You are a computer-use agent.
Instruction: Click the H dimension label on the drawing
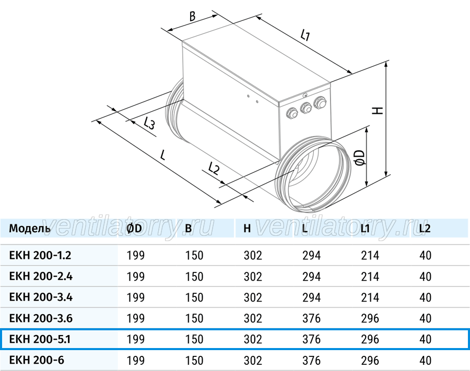click(x=378, y=110)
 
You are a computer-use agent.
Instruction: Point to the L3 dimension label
click(x=149, y=123)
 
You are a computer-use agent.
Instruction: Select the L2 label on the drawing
click(x=214, y=168)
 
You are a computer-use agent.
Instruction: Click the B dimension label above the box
click(x=192, y=16)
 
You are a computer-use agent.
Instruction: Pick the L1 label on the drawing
click(x=305, y=35)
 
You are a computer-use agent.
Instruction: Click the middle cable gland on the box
click(x=305, y=108)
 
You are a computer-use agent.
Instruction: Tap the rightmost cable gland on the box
click(x=320, y=102)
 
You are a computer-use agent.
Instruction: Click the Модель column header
click(x=30, y=229)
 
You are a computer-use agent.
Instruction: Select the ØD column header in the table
click(x=134, y=229)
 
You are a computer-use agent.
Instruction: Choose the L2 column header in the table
click(x=425, y=229)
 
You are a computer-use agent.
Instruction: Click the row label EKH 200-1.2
click(x=40, y=255)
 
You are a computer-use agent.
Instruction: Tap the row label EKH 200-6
click(x=37, y=360)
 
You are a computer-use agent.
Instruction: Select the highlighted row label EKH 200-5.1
click(x=40, y=339)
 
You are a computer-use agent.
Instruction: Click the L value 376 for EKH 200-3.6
click(x=311, y=318)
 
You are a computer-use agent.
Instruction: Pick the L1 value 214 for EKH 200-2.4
click(x=370, y=277)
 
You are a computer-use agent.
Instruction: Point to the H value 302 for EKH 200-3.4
click(x=253, y=297)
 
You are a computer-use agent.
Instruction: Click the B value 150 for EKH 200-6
click(x=194, y=360)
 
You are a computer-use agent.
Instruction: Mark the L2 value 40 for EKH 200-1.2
click(x=425, y=255)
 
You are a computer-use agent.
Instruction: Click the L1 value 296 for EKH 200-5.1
click(x=370, y=339)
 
